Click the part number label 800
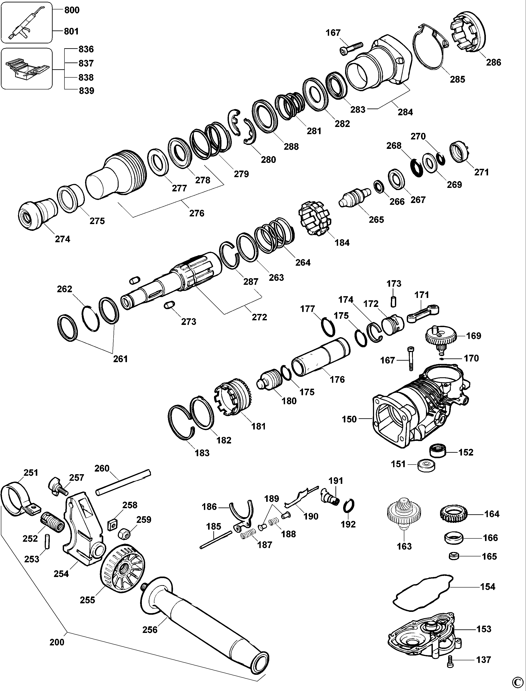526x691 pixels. click(x=72, y=10)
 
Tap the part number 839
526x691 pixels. click(x=86, y=91)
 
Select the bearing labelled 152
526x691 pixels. click(x=438, y=451)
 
